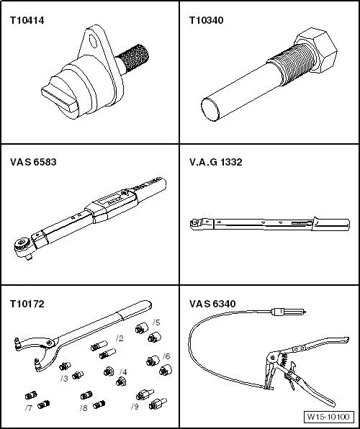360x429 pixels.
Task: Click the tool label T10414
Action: (x=27, y=21)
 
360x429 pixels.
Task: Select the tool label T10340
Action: (x=206, y=21)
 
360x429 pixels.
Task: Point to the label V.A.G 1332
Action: (x=215, y=162)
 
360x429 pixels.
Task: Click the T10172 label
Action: (x=27, y=304)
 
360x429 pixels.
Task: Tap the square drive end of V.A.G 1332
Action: (x=192, y=224)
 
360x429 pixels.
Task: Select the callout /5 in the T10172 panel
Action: (x=156, y=322)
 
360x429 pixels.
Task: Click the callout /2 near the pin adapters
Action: (x=120, y=338)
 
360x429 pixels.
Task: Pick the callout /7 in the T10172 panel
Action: (x=28, y=408)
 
